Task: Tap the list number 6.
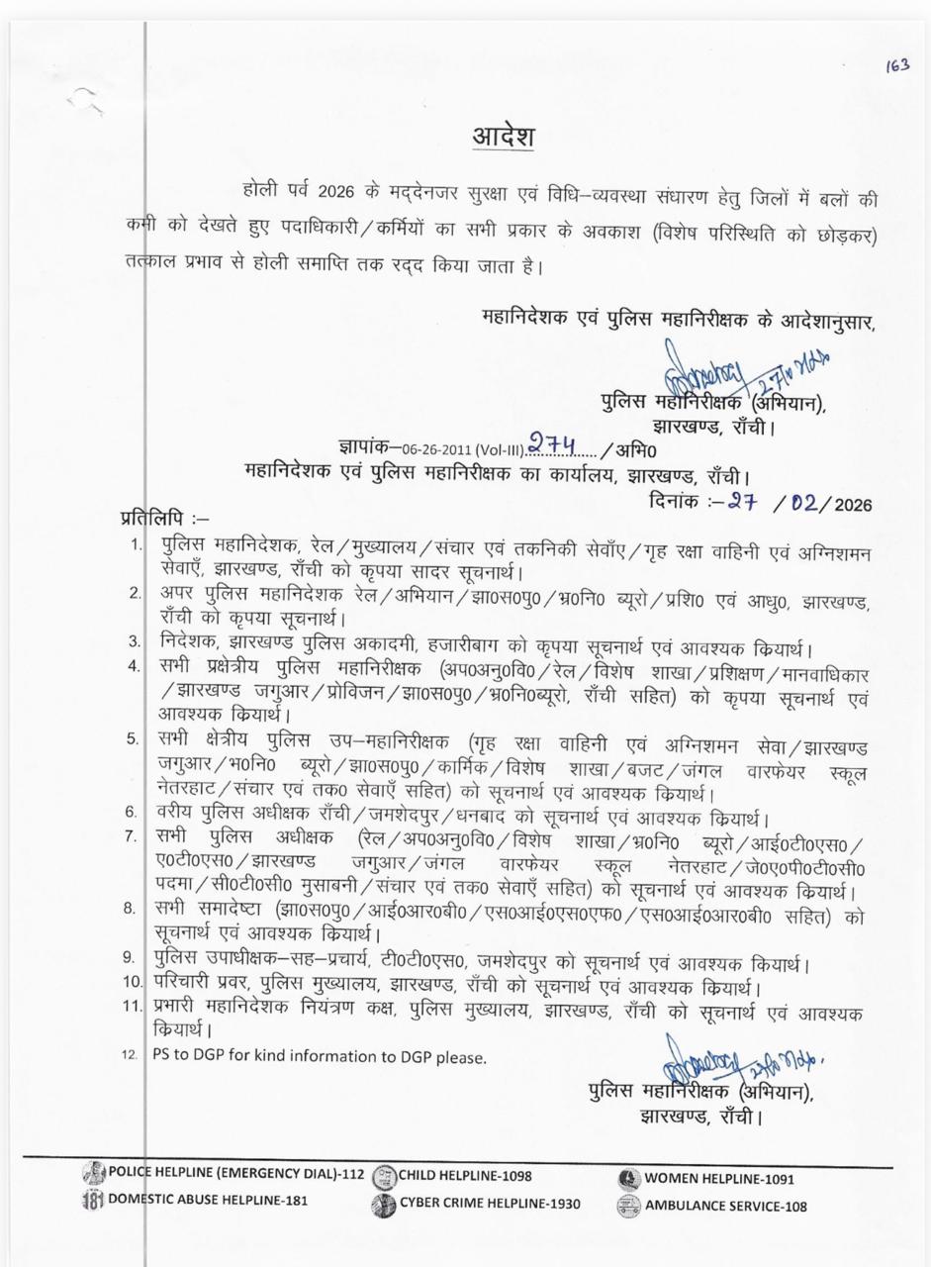click(x=131, y=813)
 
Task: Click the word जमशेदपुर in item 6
click(x=405, y=817)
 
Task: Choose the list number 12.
click(x=131, y=1055)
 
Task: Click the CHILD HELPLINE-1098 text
click(x=465, y=1177)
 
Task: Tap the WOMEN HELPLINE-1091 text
click(x=718, y=1179)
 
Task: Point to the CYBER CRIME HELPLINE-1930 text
click(x=490, y=1204)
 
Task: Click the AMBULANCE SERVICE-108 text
click(x=725, y=1206)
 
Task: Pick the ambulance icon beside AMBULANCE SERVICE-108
click(x=628, y=1206)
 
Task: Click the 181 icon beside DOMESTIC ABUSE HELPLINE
click(x=92, y=1201)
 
